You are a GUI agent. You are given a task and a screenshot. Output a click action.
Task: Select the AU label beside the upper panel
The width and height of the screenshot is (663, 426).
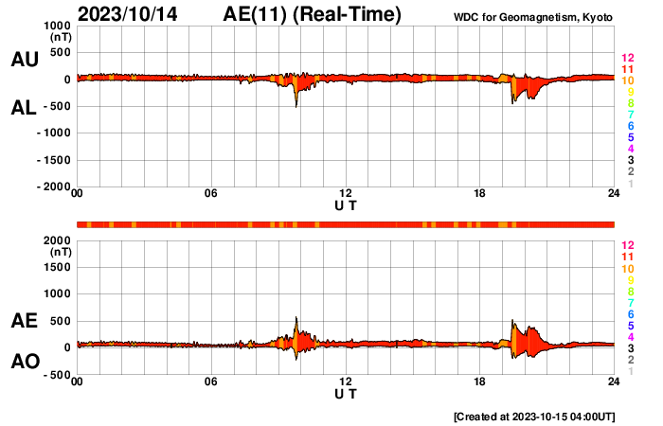pos(25,60)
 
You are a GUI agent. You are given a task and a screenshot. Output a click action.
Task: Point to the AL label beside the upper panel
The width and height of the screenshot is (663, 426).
pos(25,108)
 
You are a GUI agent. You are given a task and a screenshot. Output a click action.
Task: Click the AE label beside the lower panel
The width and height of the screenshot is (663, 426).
pos(25,321)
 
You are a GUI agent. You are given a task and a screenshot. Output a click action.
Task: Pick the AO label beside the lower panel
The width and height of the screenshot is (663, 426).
pos(25,362)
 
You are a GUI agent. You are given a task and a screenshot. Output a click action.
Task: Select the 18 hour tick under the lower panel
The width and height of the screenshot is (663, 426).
pos(480,382)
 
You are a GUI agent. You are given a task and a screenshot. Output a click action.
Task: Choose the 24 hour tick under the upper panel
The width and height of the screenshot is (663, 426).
pos(614,194)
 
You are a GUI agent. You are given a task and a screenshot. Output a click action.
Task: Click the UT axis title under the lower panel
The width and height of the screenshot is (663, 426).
pos(346,394)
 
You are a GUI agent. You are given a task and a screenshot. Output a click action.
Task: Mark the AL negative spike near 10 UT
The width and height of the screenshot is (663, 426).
pos(296,105)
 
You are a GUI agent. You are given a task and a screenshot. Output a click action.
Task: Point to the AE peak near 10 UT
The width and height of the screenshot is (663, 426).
pos(296,318)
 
